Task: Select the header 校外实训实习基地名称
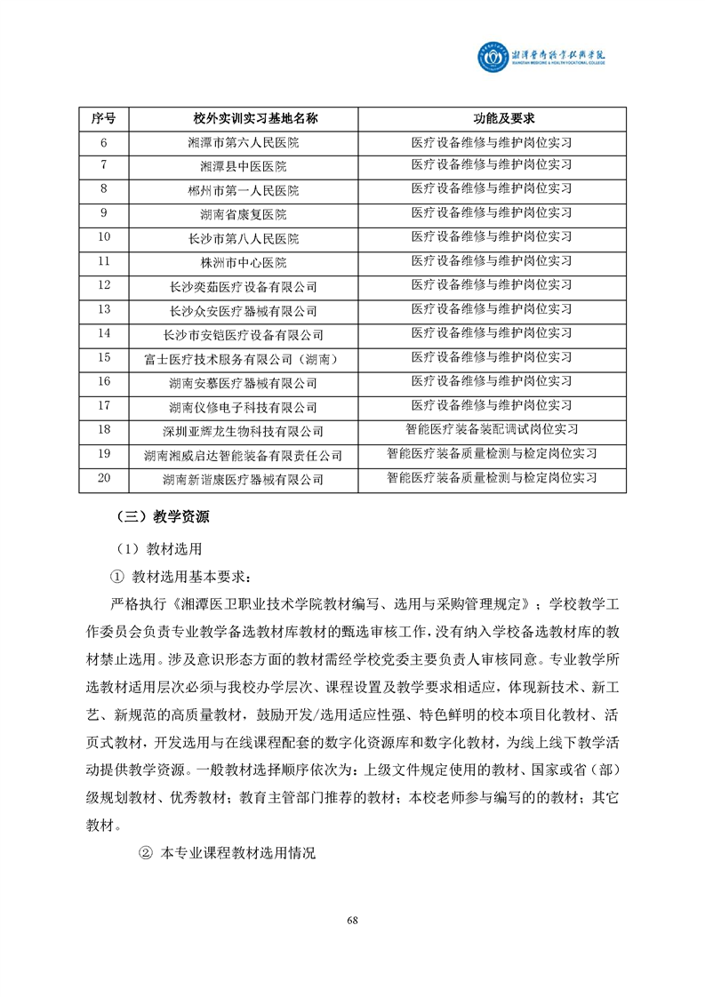tap(243, 119)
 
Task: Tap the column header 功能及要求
tap(491, 119)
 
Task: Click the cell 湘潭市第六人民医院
tap(243, 142)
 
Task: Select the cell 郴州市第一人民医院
tap(243, 190)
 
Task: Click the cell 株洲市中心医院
tap(243, 262)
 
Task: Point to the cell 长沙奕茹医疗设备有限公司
tap(243, 287)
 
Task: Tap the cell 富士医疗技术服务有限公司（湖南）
tap(243, 359)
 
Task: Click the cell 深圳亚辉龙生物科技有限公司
tap(243, 431)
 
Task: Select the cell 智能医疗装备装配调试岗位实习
tap(491, 430)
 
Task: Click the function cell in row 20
tap(491, 478)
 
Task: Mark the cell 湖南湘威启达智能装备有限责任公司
tap(243, 455)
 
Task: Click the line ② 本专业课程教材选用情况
tap(227, 852)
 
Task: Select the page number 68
tap(352, 920)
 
